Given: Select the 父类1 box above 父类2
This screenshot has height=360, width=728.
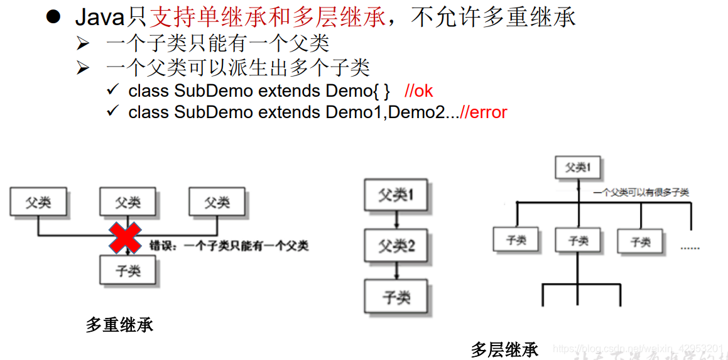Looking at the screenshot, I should [x=396, y=195].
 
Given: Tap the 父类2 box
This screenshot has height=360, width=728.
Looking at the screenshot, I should [x=396, y=246].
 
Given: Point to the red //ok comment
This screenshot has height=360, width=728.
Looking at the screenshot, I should [x=419, y=90].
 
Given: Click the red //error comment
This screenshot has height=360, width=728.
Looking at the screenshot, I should [x=483, y=112].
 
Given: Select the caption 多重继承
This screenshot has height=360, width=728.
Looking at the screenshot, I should [x=119, y=325].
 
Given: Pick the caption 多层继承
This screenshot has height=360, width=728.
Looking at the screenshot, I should [x=504, y=349].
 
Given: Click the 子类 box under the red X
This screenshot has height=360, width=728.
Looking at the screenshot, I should [x=128, y=271].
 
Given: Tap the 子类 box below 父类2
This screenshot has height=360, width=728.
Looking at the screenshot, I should [x=396, y=297].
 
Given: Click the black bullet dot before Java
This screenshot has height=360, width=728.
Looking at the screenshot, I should [x=53, y=17].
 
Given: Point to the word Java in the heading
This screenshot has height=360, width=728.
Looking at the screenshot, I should [x=100, y=18].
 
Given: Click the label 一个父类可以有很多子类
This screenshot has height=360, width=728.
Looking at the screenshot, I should [x=641, y=192].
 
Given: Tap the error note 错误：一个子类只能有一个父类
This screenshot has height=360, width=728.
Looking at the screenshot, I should [x=229, y=246].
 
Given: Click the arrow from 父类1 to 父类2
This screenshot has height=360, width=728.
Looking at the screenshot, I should [x=396, y=220].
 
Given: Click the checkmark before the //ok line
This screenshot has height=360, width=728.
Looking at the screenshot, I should [x=113, y=90].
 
